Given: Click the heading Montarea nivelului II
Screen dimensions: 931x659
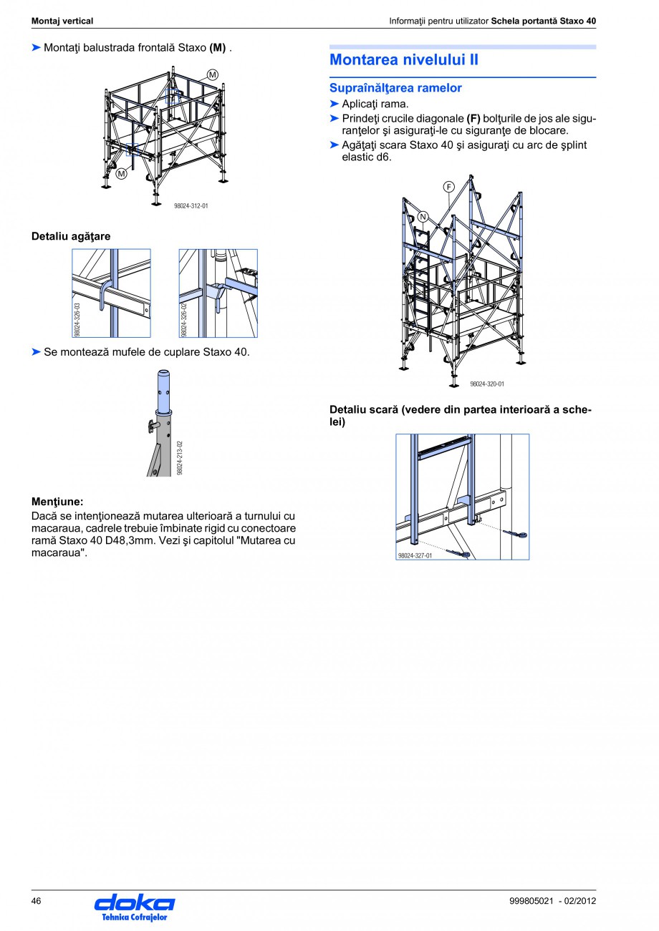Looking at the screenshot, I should (404, 60).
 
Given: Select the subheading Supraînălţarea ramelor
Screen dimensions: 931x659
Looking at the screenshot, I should (395, 88).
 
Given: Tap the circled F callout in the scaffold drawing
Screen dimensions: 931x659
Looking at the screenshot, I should (449, 187).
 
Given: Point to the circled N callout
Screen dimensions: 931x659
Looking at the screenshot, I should (423, 218).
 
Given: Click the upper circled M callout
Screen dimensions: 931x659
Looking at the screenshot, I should (213, 74).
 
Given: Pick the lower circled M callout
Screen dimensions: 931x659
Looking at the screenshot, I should (122, 173).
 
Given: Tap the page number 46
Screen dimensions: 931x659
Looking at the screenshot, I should (37, 900).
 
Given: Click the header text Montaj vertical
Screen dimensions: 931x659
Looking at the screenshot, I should (62, 21).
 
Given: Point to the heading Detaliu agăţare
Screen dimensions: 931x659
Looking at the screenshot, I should (71, 235).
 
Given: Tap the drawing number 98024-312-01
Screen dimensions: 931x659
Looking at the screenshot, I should (191, 206).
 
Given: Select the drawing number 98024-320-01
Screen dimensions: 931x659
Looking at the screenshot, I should (487, 384).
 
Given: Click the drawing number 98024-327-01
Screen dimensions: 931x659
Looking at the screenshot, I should (415, 555).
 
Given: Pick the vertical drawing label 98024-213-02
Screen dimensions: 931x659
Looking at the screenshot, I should (180, 458).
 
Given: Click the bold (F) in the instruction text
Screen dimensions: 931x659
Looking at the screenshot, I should (473, 118).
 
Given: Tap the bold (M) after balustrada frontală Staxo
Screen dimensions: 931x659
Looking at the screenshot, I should (218, 48).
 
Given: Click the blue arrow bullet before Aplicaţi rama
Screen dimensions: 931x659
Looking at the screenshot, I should (334, 104).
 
